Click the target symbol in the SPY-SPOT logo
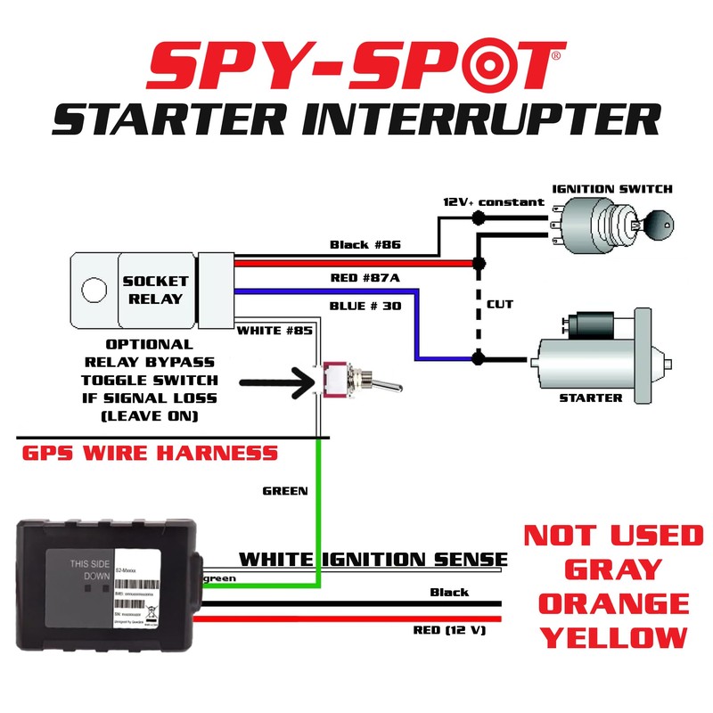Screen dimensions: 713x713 pyautogui.click(x=477, y=68)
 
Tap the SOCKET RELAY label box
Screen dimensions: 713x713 pyautogui.click(x=158, y=289)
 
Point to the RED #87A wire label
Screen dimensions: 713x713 pyautogui.click(x=366, y=277)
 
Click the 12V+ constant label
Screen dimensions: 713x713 pyautogui.click(x=493, y=202)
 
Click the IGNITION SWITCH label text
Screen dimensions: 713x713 pyautogui.click(x=612, y=189)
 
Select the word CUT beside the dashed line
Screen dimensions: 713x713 pyautogui.click(x=499, y=304)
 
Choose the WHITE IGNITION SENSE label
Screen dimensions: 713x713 pyautogui.click(x=373, y=560)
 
